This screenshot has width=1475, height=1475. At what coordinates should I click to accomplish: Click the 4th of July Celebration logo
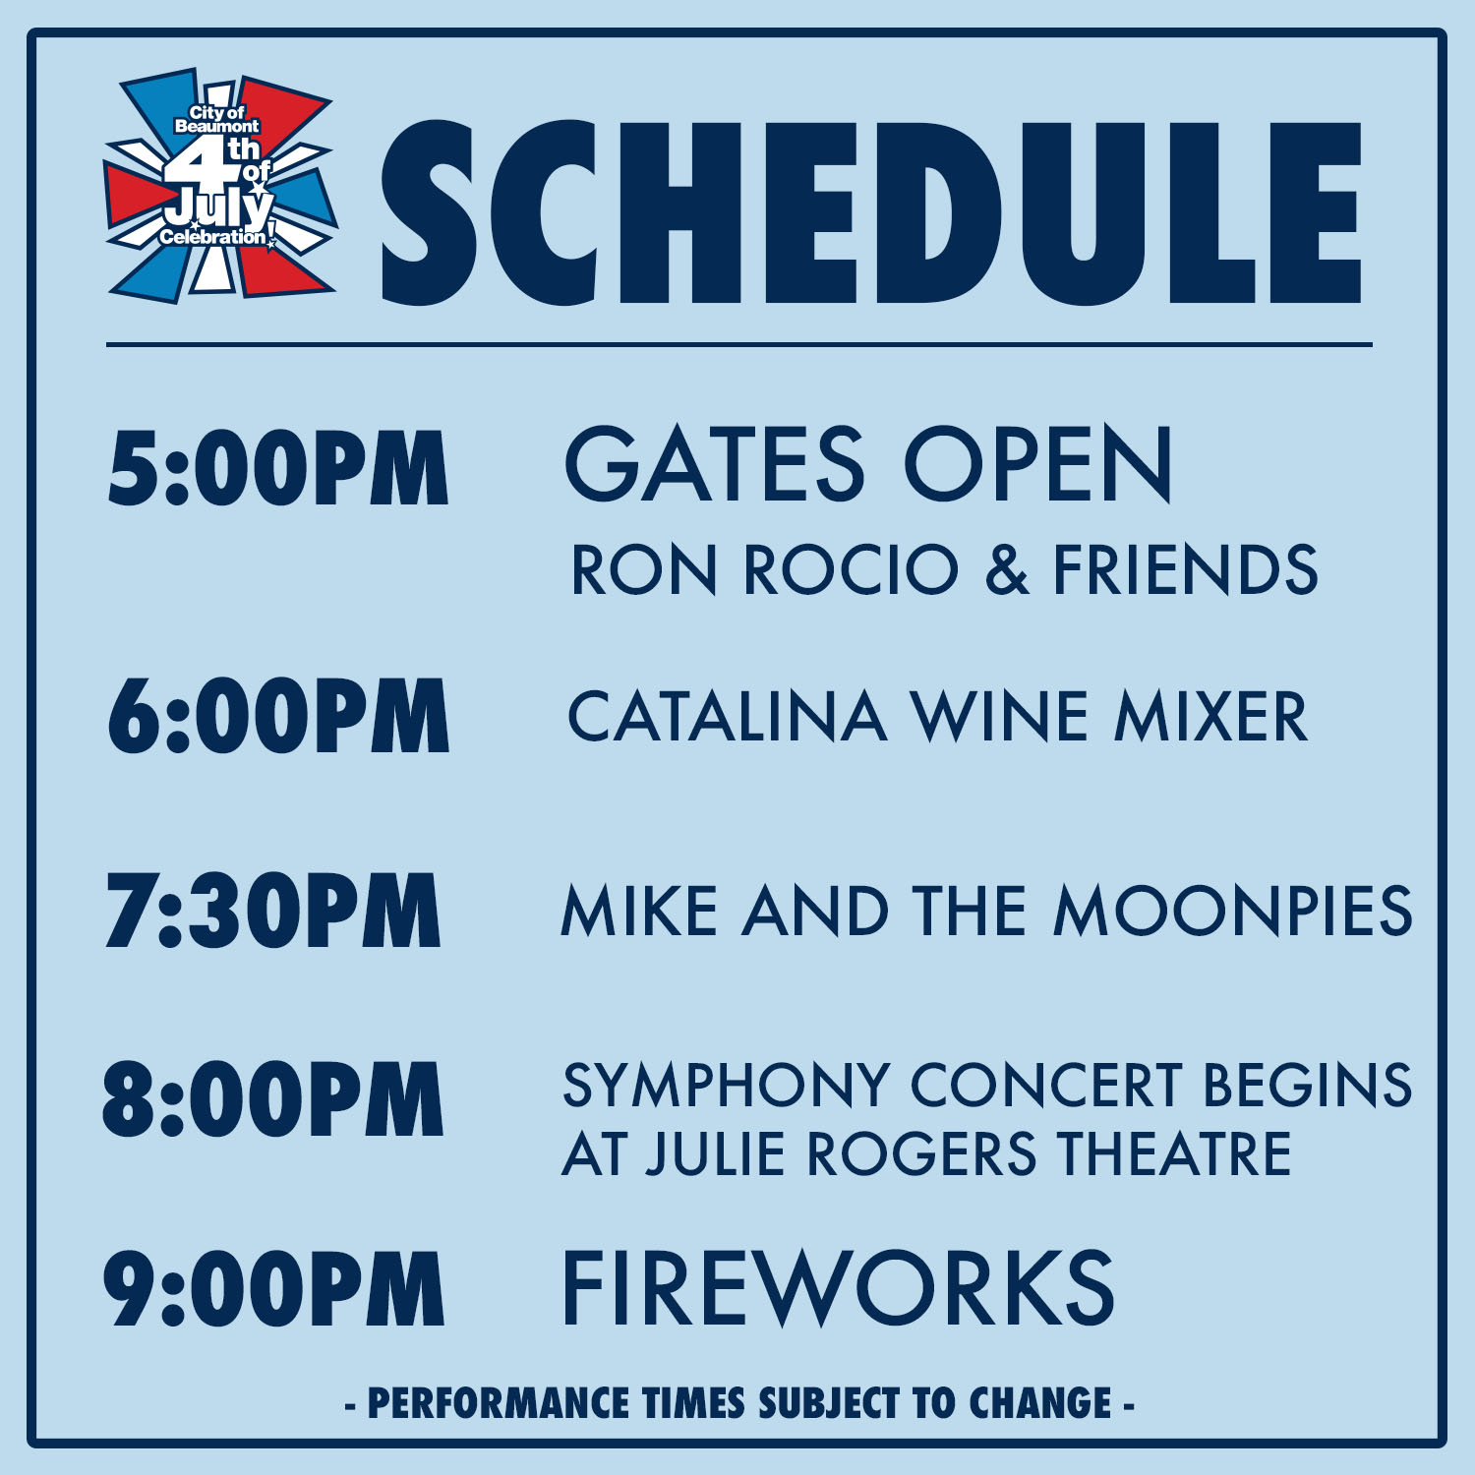pos(221,187)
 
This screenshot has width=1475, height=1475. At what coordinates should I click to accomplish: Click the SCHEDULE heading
pos(871,211)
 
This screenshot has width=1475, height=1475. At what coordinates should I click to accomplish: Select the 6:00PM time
pos(278,716)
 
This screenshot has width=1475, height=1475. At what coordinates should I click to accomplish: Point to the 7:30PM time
pos(272,911)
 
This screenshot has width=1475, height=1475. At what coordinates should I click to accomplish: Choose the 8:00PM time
pos(272,1099)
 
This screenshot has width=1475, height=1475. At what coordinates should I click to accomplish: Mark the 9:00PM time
pos(273,1288)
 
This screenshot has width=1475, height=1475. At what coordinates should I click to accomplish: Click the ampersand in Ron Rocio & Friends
pos(1006,570)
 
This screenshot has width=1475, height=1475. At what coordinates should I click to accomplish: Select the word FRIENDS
pos(1186,570)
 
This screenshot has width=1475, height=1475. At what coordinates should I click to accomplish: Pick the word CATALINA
pos(727,717)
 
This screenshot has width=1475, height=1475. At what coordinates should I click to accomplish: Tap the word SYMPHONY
pos(726,1087)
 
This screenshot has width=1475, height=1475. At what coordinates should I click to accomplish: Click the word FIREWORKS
pos(838,1288)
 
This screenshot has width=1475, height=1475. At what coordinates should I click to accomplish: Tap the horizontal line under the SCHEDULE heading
pos(738,345)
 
